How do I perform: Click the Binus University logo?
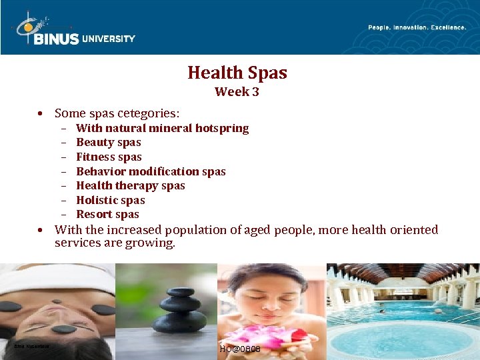[75, 31]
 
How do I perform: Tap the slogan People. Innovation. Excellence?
[417, 27]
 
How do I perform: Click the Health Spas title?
[237, 72]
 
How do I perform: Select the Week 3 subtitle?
[237, 92]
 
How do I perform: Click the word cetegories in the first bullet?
[148, 113]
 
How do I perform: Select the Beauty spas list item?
[109, 142]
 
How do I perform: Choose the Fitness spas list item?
[109, 157]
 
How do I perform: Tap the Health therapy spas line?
[131, 185]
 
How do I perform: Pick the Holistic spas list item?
[111, 200]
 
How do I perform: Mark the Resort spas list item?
[107, 214]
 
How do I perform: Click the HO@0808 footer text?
[239, 349]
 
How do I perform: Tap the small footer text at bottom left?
[31, 346]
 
